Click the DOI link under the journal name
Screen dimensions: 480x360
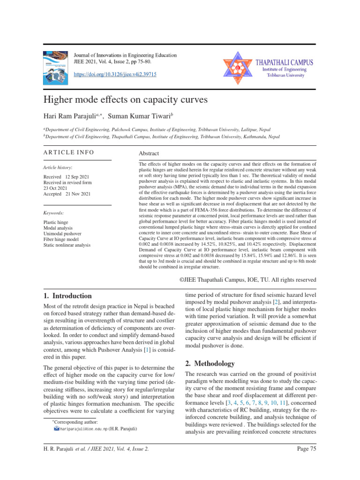pos(115,75)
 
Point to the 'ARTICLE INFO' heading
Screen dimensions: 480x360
pos(68,152)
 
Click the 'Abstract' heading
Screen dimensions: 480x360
pos(149,153)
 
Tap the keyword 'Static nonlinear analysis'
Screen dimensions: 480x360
pos(67,245)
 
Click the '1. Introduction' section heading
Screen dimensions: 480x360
pos(67,296)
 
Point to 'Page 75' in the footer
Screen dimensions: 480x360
pos(307,463)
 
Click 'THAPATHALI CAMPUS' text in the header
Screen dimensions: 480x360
pos(284,62)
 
